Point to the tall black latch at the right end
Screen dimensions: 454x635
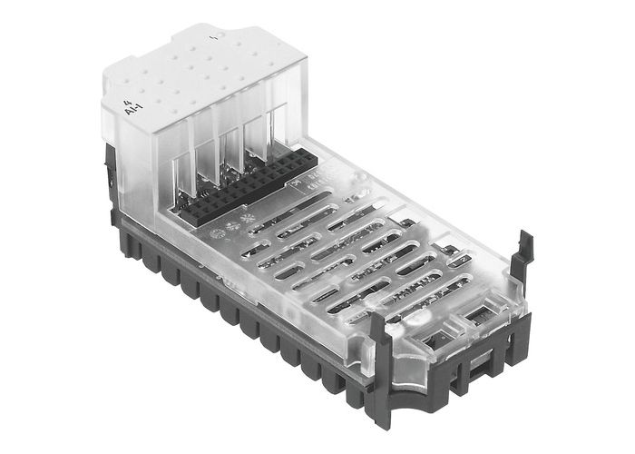tap(521, 263)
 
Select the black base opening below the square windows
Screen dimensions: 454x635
tap(475, 368)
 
